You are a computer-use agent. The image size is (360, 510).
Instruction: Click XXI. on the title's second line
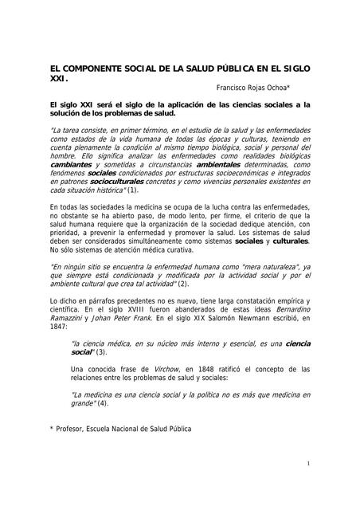click(x=58, y=80)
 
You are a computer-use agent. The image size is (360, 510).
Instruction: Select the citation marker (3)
click(x=100, y=351)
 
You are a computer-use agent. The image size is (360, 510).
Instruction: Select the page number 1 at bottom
click(x=307, y=464)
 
